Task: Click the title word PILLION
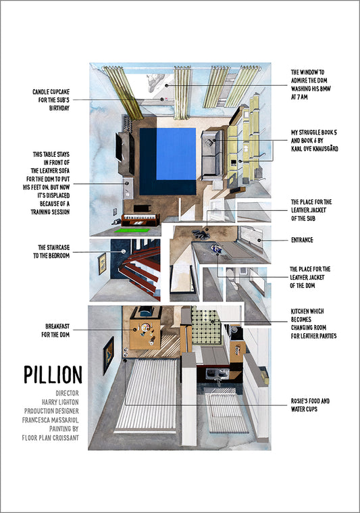click(x=53, y=374)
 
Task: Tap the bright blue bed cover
click(x=176, y=153)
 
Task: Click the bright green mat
click(x=132, y=230)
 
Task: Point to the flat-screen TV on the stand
click(x=119, y=147)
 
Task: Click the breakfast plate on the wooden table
click(x=145, y=326)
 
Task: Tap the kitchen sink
click(x=217, y=372)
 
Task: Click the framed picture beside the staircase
click(x=102, y=264)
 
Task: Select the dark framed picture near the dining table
click(x=109, y=356)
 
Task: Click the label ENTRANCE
click(x=302, y=240)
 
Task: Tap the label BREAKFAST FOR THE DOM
click(x=55, y=331)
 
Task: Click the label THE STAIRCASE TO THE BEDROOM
click(x=51, y=251)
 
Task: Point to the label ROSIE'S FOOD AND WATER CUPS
click(x=310, y=405)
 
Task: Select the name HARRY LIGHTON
click(x=60, y=402)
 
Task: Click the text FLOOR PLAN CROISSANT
click(x=51, y=438)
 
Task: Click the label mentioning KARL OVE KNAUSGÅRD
click(x=314, y=141)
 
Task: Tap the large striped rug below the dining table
click(x=147, y=395)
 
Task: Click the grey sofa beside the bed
click(x=212, y=155)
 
